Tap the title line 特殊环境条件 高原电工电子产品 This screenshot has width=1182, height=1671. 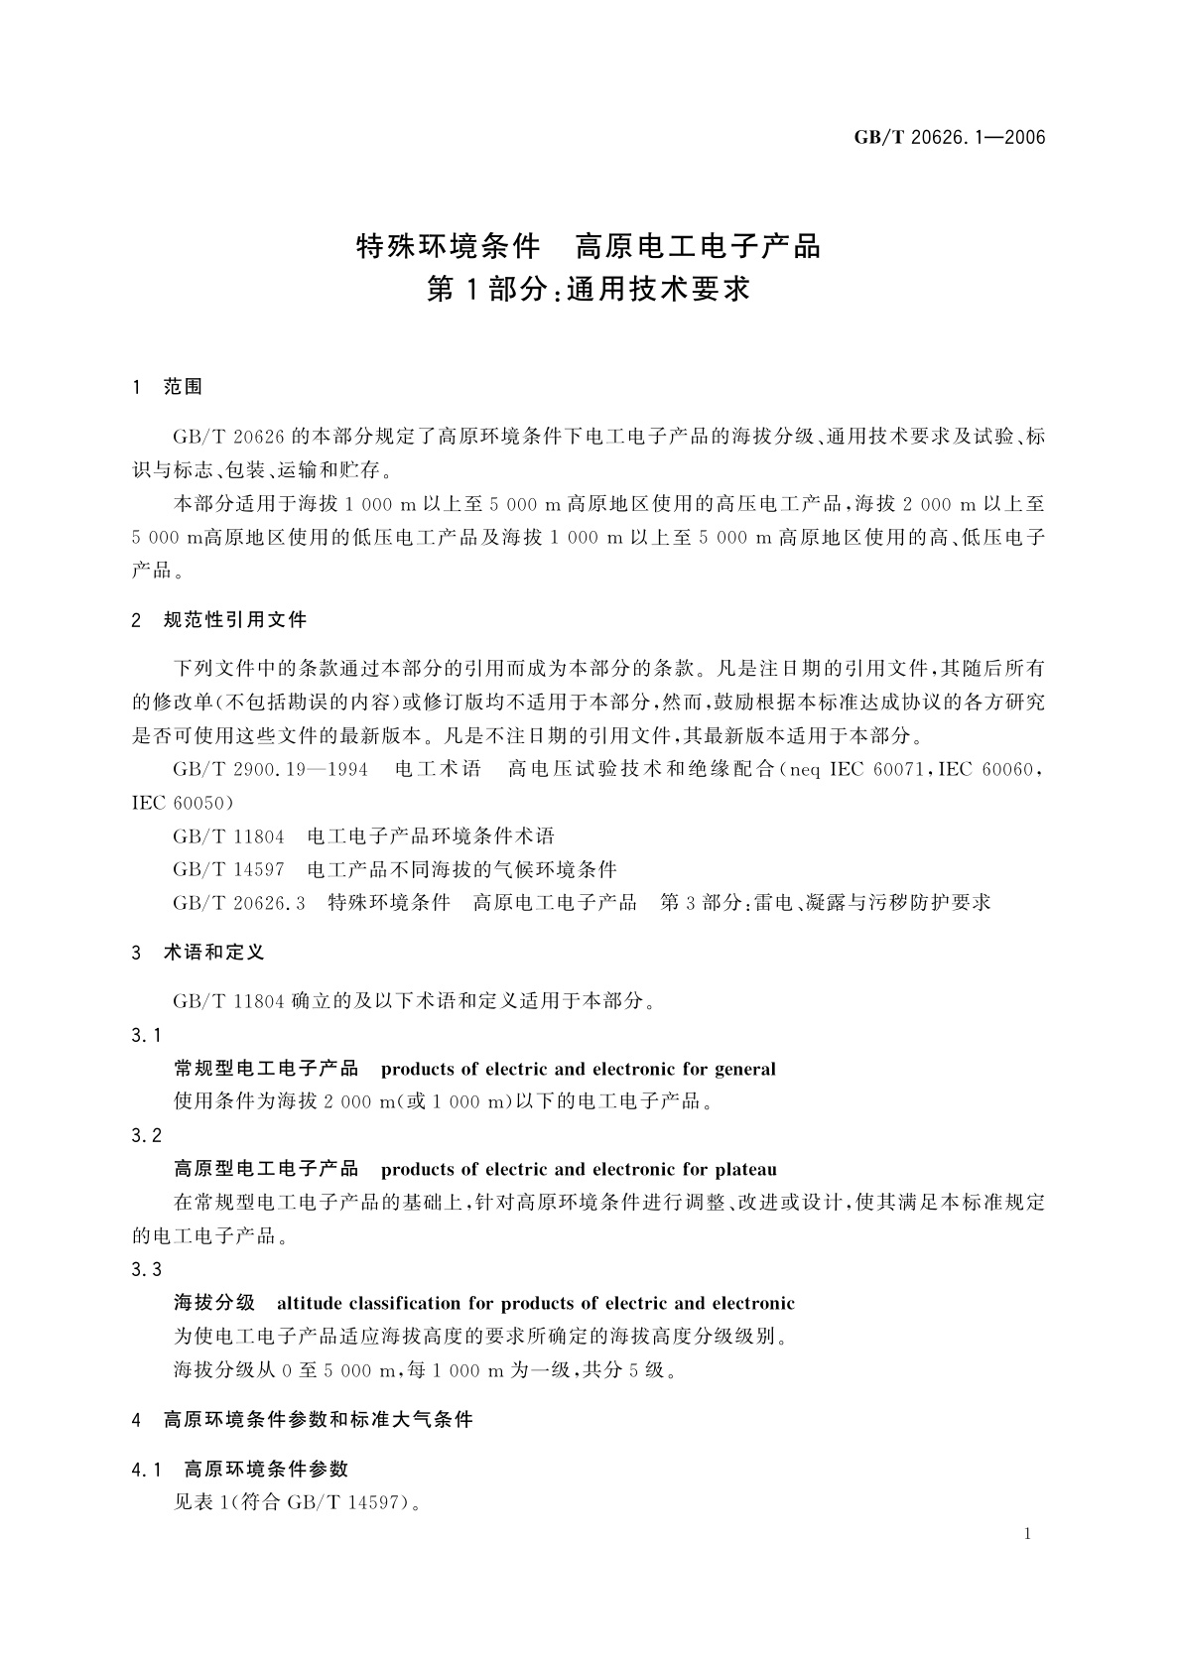coord(589,245)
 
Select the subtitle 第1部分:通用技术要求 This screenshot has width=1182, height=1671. coord(589,290)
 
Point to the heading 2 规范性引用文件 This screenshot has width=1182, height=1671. coord(219,620)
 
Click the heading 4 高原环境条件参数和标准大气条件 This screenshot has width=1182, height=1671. coord(303,1420)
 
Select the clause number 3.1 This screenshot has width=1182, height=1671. coord(146,1036)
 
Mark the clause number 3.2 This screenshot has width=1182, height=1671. coord(146,1136)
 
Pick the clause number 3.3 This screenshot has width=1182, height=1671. coord(146,1270)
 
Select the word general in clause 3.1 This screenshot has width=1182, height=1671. coord(744,1070)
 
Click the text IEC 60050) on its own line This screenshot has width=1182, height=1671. coord(182,803)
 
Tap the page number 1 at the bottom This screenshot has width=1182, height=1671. coord(1027,1534)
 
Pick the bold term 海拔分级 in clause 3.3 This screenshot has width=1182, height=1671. coord(214,1304)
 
